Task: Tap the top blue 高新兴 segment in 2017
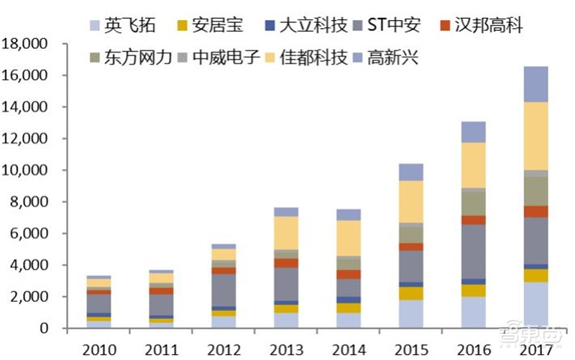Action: (535, 84)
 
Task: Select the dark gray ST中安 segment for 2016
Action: (473, 251)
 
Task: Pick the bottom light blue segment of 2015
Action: (410, 314)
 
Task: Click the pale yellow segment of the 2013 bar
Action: (285, 233)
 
